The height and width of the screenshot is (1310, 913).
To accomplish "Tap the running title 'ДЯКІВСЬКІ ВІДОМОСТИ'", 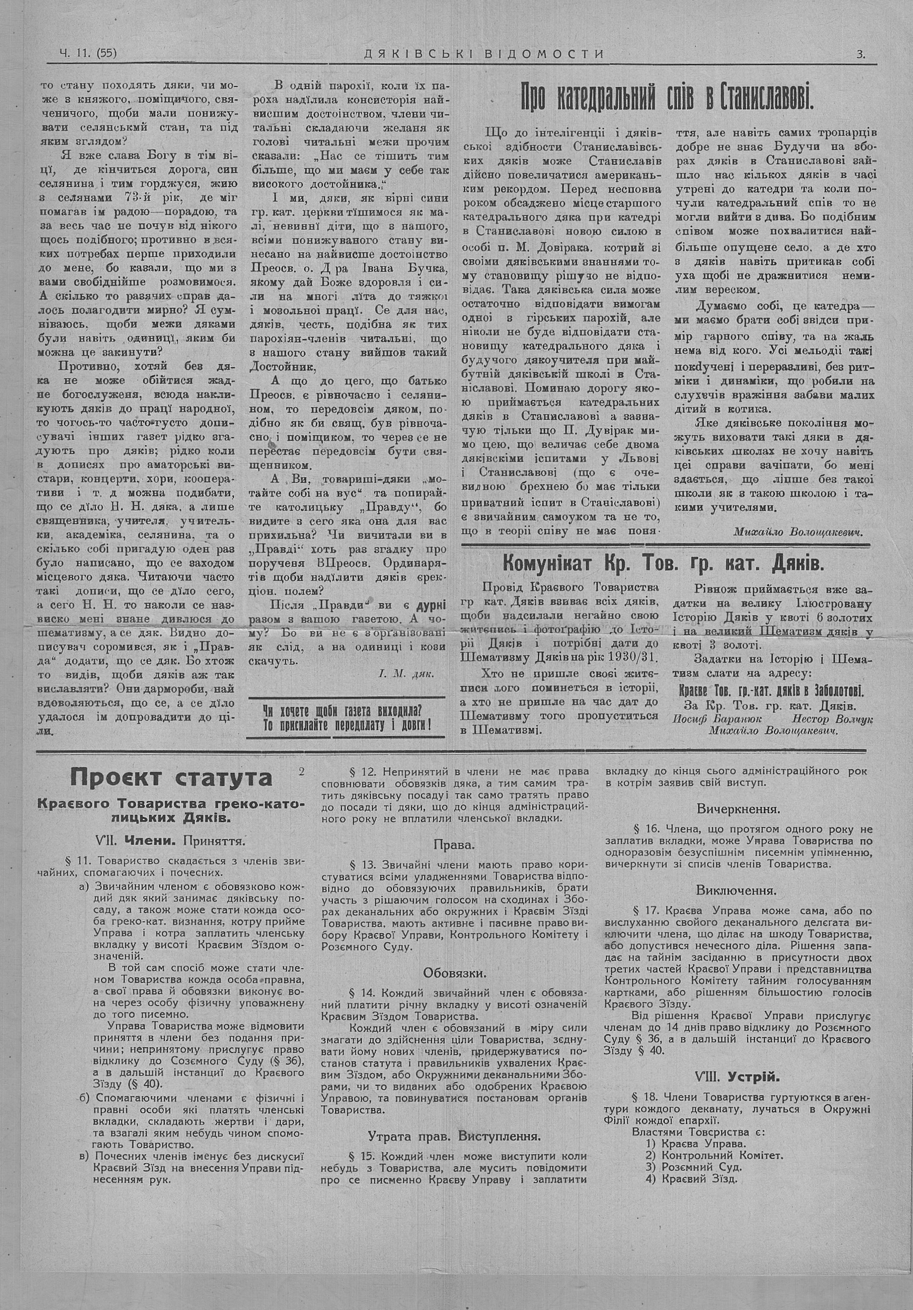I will [484, 54].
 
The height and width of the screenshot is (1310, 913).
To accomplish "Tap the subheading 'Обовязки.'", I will [454, 972].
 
